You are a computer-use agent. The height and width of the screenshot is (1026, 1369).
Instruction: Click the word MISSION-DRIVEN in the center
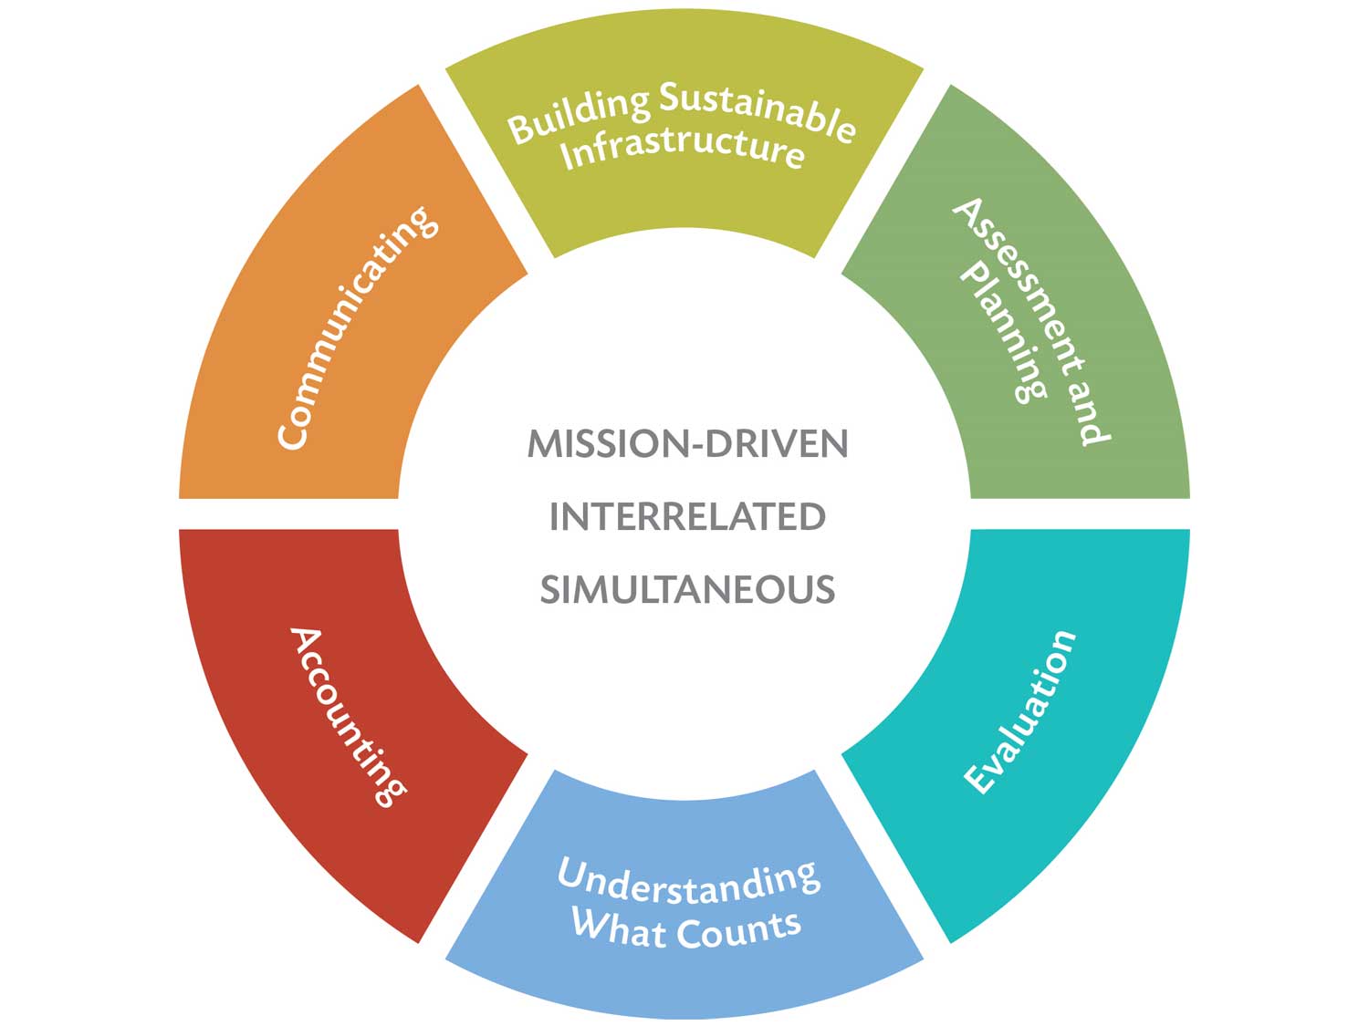[687, 443]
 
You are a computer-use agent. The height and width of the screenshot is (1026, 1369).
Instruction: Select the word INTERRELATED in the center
[687, 516]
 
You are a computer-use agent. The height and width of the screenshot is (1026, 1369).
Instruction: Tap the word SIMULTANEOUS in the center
[687, 589]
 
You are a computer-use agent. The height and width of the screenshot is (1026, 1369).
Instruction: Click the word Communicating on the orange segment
[358, 327]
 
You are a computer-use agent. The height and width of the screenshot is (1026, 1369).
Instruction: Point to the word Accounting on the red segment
[348, 717]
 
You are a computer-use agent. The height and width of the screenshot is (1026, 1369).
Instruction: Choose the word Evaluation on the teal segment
[1019, 712]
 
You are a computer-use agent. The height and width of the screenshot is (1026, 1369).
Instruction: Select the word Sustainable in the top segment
[758, 115]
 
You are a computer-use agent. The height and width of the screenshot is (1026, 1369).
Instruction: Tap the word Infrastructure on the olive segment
[683, 150]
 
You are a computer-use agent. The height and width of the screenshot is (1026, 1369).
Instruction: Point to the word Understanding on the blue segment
[688, 882]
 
